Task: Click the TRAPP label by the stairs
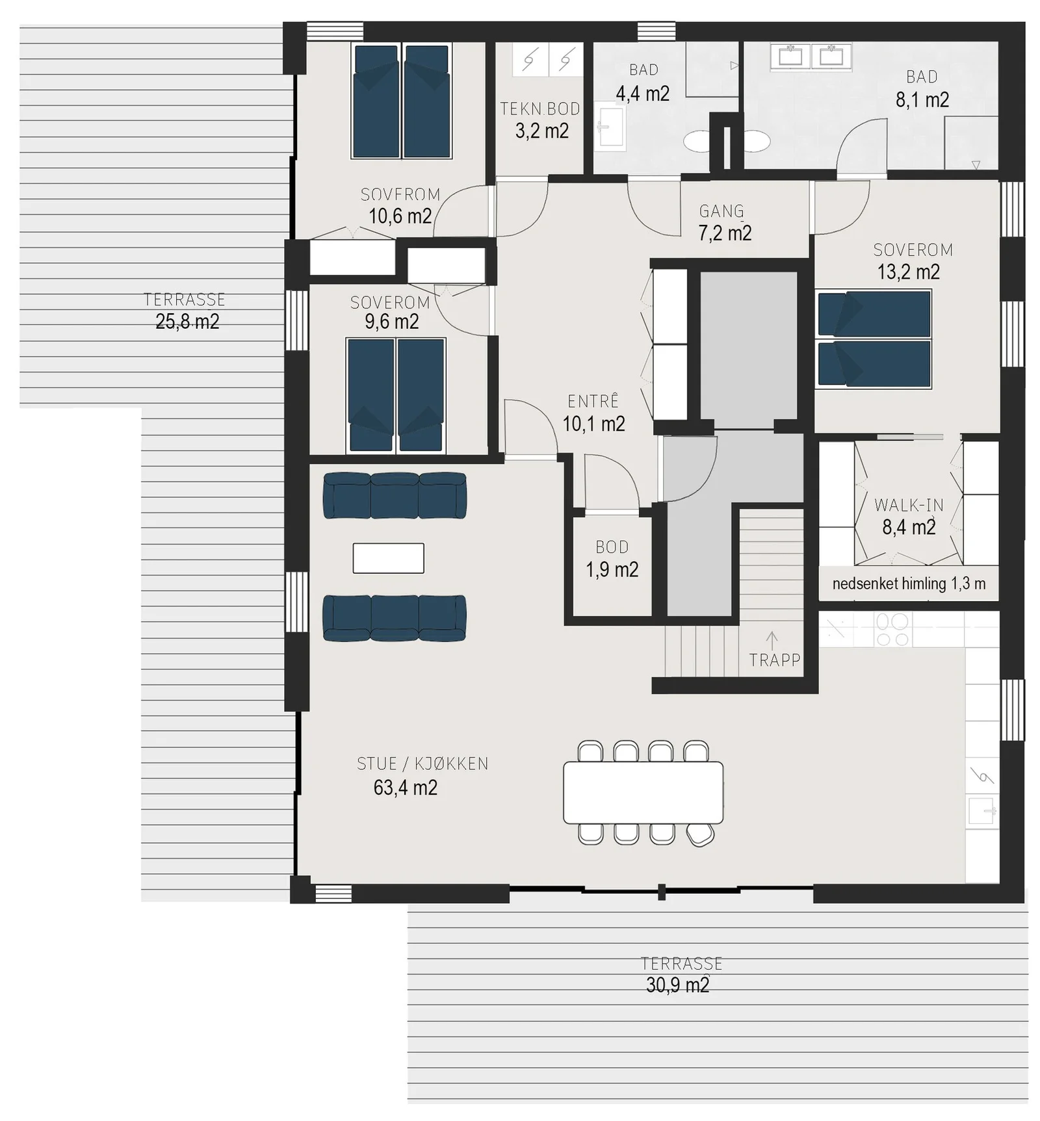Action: (x=774, y=660)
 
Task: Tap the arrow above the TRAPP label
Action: (x=772, y=639)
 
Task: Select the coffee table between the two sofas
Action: (x=388, y=558)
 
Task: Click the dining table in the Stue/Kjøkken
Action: (x=643, y=793)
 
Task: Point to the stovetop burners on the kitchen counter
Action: (x=892, y=630)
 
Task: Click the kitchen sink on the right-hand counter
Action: (x=981, y=811)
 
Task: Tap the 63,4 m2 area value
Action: (x=405, y=788)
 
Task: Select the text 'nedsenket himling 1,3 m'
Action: (x=909, y=584)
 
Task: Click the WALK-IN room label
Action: (x=909, y=505)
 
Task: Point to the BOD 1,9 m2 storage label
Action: (x=612, y=558)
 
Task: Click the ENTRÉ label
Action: (x=593, y=401)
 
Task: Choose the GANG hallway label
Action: (x=721, y=211)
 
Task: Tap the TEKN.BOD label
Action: (x=540, y=109)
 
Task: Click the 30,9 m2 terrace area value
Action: (x=677, y=985)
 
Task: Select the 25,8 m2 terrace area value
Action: (x=187, y=322)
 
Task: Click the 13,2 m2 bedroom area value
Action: (x=909, y=272)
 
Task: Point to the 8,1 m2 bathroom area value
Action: (x=922, y=99)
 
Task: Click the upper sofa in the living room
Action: (x=395, y=495)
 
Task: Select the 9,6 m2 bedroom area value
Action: (x=391, y=322)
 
